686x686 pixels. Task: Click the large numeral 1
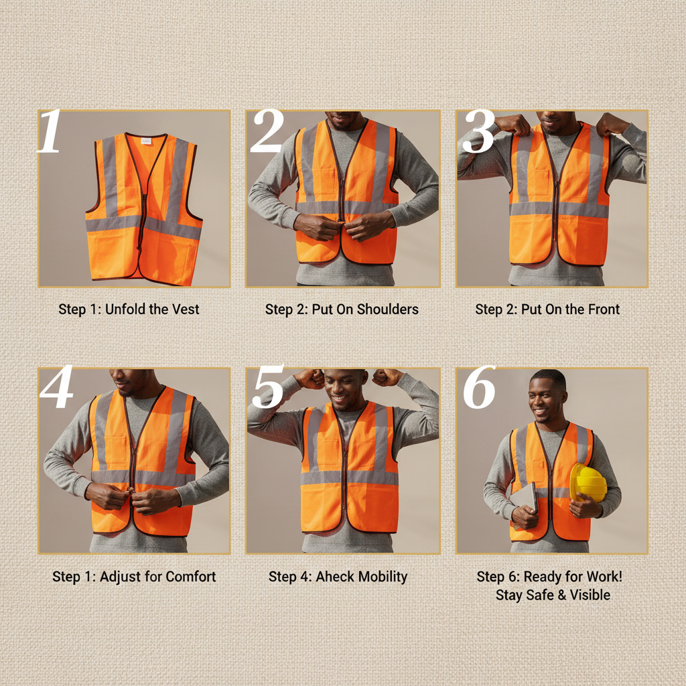(x=50, y=133)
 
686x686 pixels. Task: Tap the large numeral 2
(x=267, y=132)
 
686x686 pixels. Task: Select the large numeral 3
(x=478, y=132)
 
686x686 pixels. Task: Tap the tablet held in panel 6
(x=525, y=499)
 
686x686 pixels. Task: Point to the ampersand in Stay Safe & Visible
(x=555, y=595)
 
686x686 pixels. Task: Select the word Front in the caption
(x=600, y=309)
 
